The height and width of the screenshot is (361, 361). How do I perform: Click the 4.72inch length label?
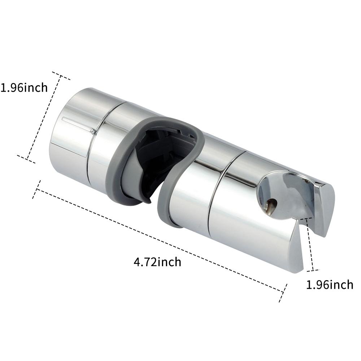pyautogui.click(x=157, y=261)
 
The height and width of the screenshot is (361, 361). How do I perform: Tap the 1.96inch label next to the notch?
pyautogui.click(x=329, y=284)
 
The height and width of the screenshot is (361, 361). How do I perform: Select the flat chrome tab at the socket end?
pyautogui.click(x=325, y=206)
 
